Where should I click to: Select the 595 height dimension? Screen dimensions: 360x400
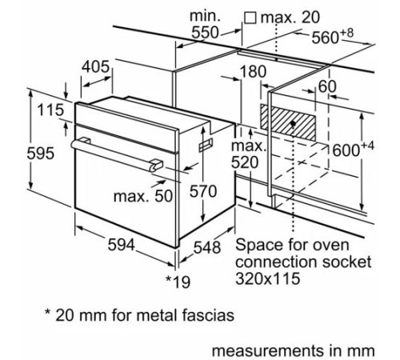coord(18,154)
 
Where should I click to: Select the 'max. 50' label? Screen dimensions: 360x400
coord(143,196)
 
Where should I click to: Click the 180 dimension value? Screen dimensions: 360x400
coord(253,71)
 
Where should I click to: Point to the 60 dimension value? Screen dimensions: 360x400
coord(326,86)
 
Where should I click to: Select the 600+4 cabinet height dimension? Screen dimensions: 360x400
coord(353,149)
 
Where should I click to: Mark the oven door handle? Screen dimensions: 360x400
coord(112,154)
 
